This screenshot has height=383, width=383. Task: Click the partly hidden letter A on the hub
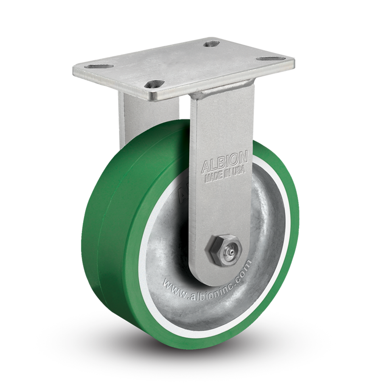click(x=180, y=197)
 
